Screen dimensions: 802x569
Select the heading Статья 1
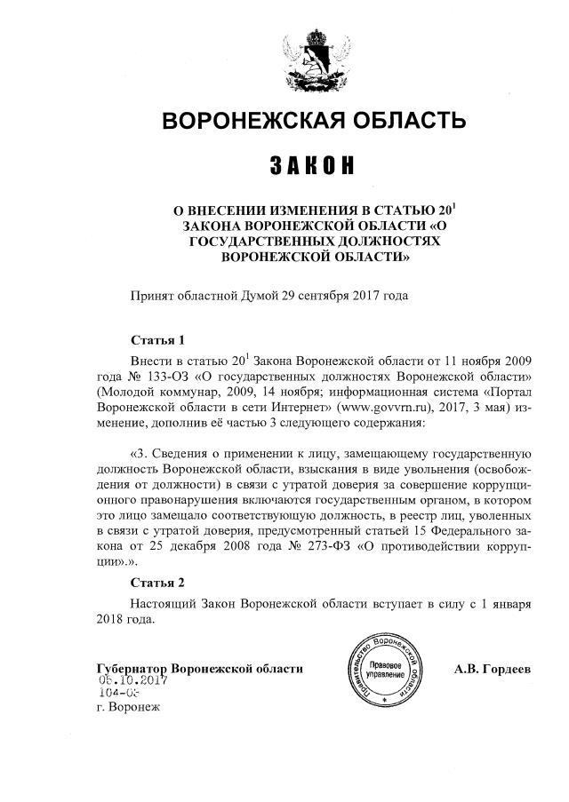pos(157,340)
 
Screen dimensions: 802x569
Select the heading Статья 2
pos(157,584)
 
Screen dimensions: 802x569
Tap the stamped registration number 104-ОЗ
pos(118,695)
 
